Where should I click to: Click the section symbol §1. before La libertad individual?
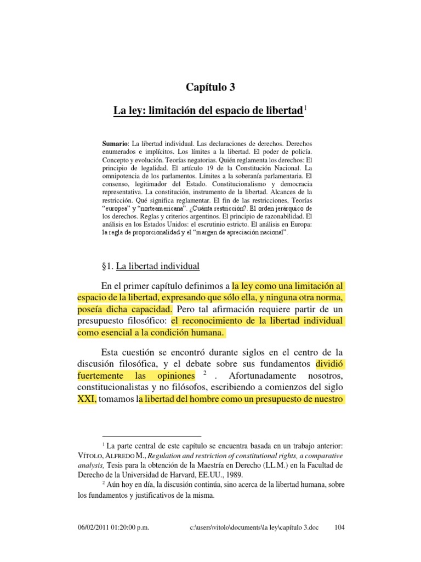(x=105, y=266)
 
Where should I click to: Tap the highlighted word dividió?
(x=329, y=364)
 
